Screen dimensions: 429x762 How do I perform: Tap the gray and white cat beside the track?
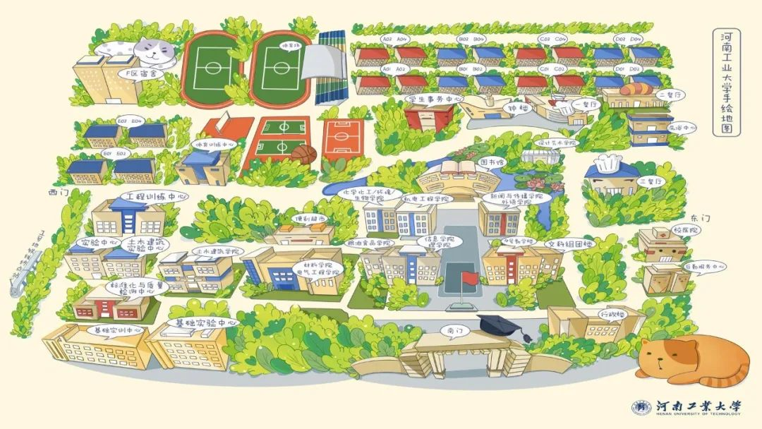pyautogui.click(x=145, y=49)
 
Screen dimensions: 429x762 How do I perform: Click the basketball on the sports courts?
pyautogui.click(x=303, y=153)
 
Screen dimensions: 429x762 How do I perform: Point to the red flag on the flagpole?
pyautogui.click(x=470, y=278)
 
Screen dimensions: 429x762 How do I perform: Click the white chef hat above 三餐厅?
pyautogui.click(x=607, y=164)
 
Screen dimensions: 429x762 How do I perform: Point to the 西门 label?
pyautogui.click(x=57, y=192)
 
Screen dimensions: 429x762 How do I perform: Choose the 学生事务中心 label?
pyautogui.click(x=435, y=99)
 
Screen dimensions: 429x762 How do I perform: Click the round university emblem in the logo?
pyautogui.click(x=641, y=408)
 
